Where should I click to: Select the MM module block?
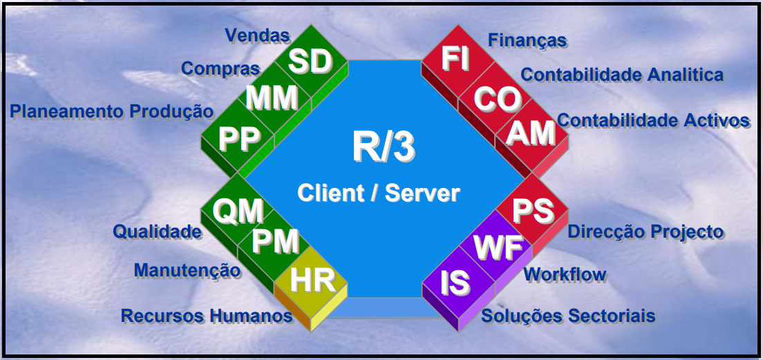(x=272, y=99)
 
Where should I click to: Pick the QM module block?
(x=238, y=210)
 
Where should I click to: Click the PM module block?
(x=275, y=242)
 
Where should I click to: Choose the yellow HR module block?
(x=312, y=280)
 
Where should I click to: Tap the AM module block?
(x=531, y=133)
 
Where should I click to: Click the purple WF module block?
(x=496, y=247)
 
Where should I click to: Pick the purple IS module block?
(x=456, y=283)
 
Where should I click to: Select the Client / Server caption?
(x=379, y=193)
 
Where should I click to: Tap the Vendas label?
(x=258, y=35)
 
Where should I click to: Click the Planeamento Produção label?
(x=112, y=111)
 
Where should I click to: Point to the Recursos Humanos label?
(x=207, y=316)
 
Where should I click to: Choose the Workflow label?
(x=565, y=274)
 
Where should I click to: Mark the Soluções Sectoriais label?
(x=568, y=316)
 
